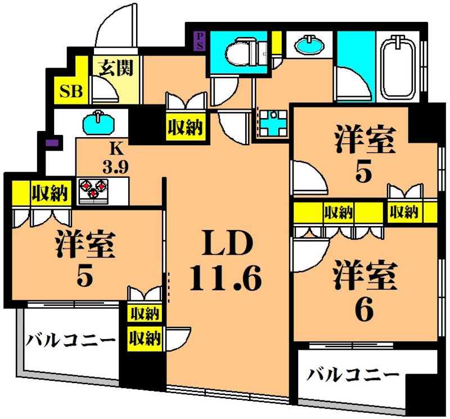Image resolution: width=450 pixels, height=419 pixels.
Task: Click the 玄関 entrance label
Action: point(116,69)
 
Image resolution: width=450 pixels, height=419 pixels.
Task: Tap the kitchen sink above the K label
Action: point(99,122)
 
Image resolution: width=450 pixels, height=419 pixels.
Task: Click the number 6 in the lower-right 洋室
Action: point(364,310)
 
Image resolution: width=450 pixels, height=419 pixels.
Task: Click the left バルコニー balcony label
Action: point(70,340)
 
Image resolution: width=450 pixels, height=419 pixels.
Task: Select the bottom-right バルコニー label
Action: point(353,375)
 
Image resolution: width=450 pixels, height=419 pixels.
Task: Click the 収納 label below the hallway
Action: point(184,128)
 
